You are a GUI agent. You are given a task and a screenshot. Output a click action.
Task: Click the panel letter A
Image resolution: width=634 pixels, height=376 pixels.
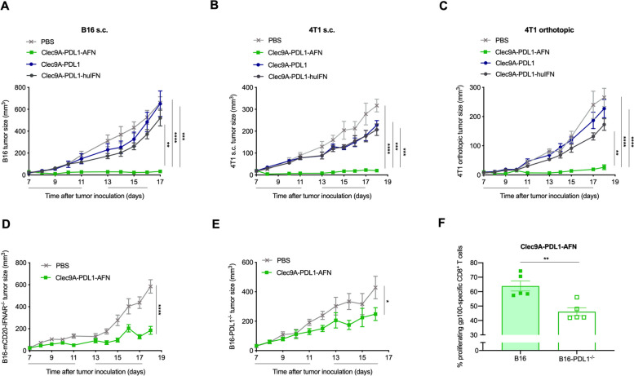click(x=6, y=7)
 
